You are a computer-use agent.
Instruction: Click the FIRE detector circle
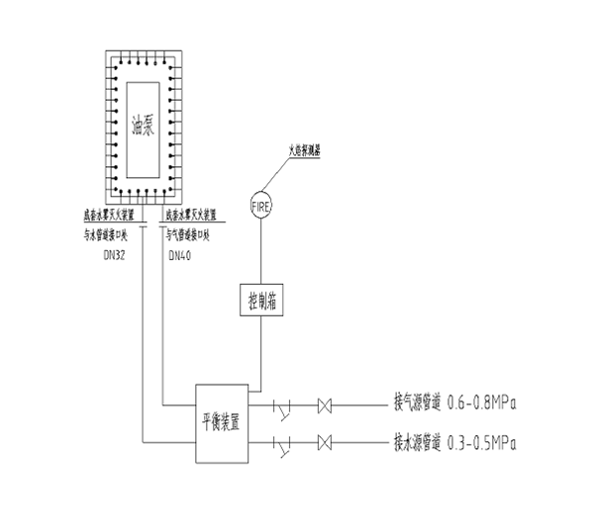click(x=262, y=205)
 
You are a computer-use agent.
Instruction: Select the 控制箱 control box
click(x=262, y=299)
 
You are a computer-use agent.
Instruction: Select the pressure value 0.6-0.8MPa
click(x=485, y=404)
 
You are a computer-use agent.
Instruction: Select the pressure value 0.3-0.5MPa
click(x=485, y=440)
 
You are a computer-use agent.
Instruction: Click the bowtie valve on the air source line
click(x=324, y=404)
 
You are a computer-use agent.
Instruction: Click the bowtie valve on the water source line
click(x=324, y=440)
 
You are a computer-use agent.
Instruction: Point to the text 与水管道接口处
click(x=111, y=235)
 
